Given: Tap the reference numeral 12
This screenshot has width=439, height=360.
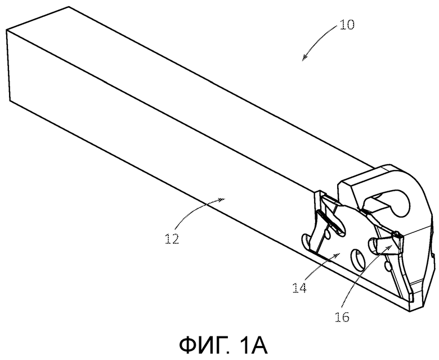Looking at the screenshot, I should pos(172,238).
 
